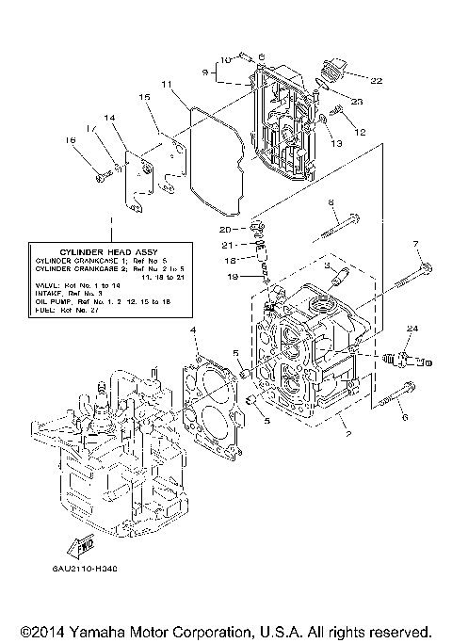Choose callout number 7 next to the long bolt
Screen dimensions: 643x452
pyautogui.click(x=415, y=245)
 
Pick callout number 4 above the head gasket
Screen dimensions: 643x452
pyautogui.click(x=193, y=330)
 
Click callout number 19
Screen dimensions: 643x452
pyautogui.click(x=231, y=278)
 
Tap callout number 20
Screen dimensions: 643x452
pyautogui.click(x=224, y=230)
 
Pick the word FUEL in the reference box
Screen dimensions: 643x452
pyautogui.click(x=46, y=309)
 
